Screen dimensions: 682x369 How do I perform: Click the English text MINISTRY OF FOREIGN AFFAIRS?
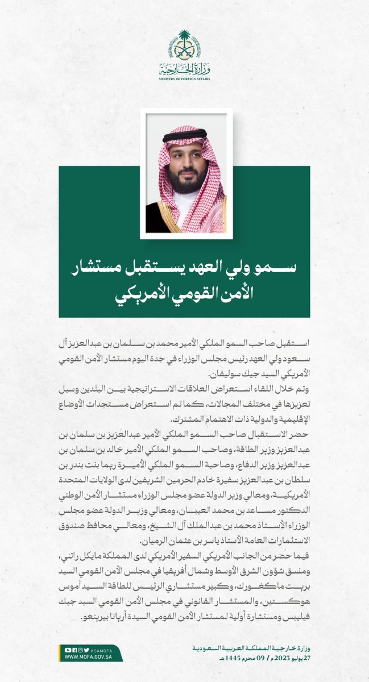click(184, 79)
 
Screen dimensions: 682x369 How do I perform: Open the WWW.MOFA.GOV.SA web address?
click(88, 657)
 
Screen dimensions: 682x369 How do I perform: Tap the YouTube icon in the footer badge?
click(68, 650)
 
